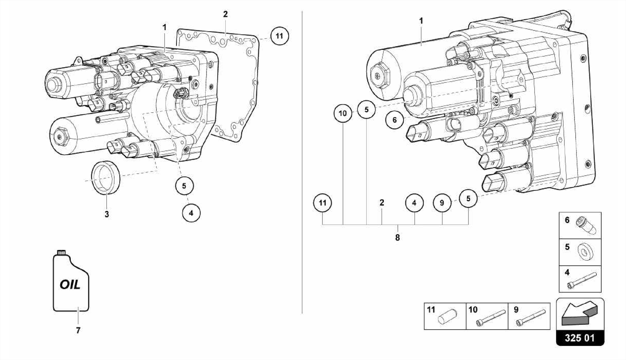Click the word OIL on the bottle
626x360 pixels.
click(70, 285)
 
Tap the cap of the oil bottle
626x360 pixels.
click(61, 252)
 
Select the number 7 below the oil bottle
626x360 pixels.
click(78, 330)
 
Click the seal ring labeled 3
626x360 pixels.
click(106, 177)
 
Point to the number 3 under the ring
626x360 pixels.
click(107, 214)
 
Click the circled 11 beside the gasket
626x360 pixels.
click(279, 36)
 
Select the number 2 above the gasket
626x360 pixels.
click(225, 14)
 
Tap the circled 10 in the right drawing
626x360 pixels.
click(343, 113)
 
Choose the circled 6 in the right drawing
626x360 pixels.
click(394, 120)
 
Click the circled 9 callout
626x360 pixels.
click(442, 203)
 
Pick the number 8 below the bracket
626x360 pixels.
click(397, 238)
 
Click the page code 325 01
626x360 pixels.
click(580, 338)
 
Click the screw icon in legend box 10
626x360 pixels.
click(490, 318)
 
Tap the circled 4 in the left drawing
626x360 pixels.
click(191, 213)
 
